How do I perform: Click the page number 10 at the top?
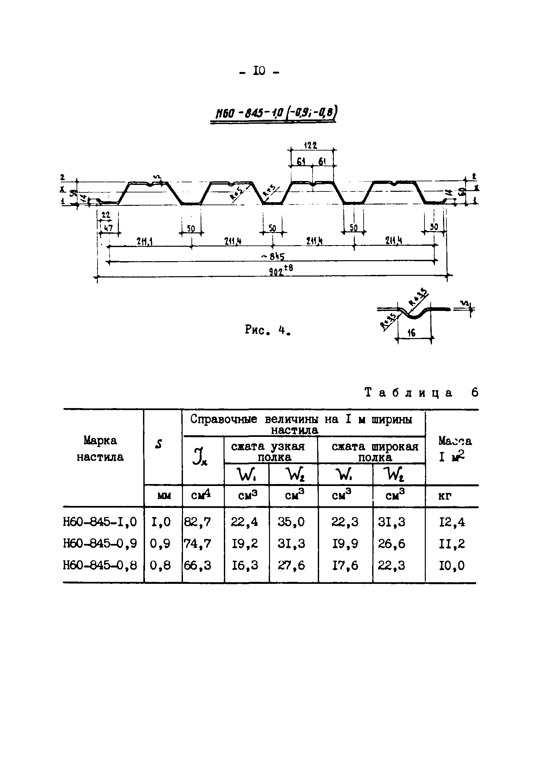259,71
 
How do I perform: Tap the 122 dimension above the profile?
310,145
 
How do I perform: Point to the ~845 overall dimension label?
273,257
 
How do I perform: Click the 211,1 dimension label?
144,241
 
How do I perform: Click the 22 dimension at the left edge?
106,215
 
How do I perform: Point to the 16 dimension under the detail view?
411,333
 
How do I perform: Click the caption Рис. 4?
268,330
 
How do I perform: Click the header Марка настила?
100,449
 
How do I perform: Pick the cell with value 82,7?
198,522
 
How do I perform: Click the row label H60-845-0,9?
100,544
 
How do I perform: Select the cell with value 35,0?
291,522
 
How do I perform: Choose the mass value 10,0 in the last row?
451,566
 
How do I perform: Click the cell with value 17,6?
345,566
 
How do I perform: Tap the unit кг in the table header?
444,496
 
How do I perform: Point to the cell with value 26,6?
391,544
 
